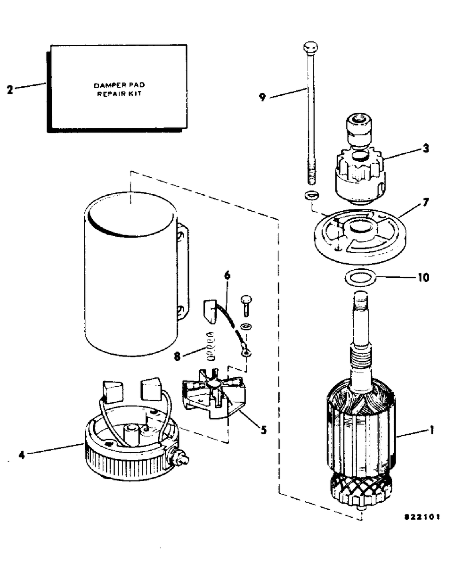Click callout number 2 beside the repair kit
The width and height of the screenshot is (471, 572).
pos(10,90)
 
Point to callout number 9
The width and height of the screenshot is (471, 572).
pos(262,97)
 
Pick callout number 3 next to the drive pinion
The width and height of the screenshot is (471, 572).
pos(426,149)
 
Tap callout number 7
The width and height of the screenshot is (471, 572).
pos(425,202)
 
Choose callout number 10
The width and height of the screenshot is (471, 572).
pos(423,278)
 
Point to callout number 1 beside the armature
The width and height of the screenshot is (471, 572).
pos(431,415)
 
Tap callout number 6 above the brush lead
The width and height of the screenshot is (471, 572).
pos(227,275)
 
